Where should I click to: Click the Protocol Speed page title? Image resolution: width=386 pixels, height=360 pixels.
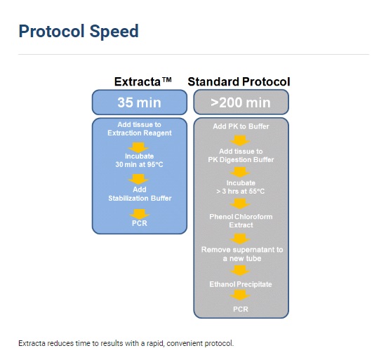(79, 32)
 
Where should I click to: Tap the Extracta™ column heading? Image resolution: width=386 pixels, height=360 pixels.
(142, 81)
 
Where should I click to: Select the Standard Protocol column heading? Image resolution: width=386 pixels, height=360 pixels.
(239, 81)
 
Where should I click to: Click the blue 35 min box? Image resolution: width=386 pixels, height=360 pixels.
(140, 102)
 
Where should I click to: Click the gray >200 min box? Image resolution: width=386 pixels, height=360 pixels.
(241, 102)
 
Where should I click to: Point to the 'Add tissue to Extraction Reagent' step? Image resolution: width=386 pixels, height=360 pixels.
(140, 128)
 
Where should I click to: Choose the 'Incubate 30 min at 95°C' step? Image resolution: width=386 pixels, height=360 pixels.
(140, 160)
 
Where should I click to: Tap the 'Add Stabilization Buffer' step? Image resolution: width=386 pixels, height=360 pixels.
(140, 194)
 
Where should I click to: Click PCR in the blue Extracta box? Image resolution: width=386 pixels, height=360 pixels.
(140, 223)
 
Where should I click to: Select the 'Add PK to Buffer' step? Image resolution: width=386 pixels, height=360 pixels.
(241, 126)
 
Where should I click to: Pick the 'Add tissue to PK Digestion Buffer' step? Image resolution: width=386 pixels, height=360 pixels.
(241, 156)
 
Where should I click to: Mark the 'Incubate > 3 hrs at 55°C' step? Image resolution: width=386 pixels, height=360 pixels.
(241, 187)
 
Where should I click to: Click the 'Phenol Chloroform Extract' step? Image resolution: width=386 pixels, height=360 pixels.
(241, 221)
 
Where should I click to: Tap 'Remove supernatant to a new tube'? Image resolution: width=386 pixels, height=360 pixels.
(242, 254)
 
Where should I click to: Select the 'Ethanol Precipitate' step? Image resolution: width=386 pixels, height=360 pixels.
(241, 284)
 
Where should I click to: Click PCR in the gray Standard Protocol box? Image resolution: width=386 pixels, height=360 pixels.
(241, 309)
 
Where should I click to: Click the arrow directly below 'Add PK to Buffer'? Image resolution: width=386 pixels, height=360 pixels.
(240, 140)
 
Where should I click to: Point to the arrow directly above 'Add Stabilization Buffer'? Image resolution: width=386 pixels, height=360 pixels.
(138, 179)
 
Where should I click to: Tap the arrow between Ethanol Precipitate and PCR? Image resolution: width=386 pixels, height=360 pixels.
(240, 295)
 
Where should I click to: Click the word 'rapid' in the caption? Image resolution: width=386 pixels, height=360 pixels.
(155, 343)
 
